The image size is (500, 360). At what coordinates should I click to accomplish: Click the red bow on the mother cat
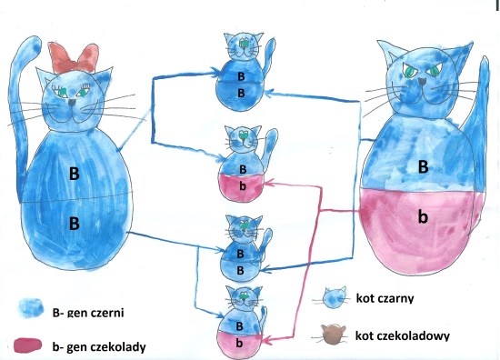pyautogui.click(x=74, y=57)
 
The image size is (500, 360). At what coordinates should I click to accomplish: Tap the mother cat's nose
pyautogui.click(x=73, y=103)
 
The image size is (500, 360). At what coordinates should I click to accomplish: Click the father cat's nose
pyautogui.click(x=422, y=81)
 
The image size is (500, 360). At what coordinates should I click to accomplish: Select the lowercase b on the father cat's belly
pyautogui.click(x=423, y=217)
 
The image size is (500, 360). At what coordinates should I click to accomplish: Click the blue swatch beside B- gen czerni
pyautogui.click(x=31, y=308)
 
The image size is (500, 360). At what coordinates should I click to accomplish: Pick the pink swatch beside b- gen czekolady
pyautogui.click(x=28, y=346)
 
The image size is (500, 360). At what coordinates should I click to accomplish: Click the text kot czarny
pyautogui.click(x=385, y=298)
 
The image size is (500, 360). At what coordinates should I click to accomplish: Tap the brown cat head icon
pyautogui.click(x=334, y=335)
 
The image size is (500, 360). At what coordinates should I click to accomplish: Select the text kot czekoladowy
pyautogui.click(x=403, y=335)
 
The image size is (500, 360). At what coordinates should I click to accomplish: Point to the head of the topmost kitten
pyautogui.click(x=244, y=45)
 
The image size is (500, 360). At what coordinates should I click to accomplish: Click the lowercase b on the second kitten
pyautogui.click(x=243, y=185)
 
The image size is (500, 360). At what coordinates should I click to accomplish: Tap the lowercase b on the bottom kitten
pyautogui.click(x=239, y=343)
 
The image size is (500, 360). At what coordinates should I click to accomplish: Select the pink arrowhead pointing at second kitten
pyautogui.click(x=269, y=184)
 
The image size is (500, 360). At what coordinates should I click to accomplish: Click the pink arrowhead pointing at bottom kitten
pyautogui.click(x=267, y=340)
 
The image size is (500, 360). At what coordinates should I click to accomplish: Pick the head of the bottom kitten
pyautogui.click(x=245, y=298)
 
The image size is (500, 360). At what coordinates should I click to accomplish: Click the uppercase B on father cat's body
pyautogui.click(x=423, y=166)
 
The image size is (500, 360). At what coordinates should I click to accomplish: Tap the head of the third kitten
pyautogui.click(x=245, y=228)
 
